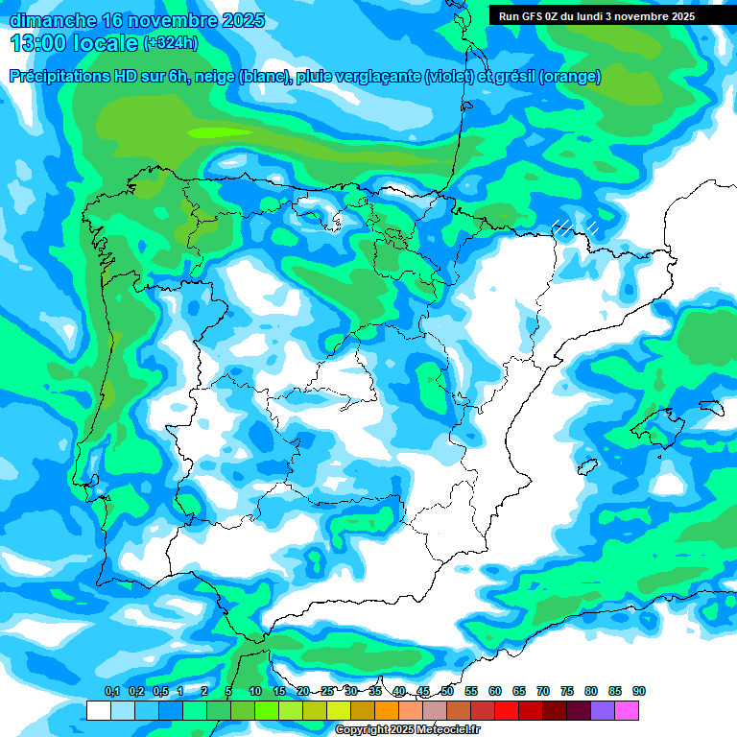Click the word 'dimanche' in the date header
click(52, 20)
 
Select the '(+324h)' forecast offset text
click(170, 43)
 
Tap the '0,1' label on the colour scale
click(112, 692)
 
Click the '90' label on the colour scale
click(639, 692)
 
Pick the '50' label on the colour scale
click(447, 692)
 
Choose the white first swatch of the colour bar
click(98, 710)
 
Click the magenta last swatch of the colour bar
click(627, 710)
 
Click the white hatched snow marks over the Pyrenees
click(573, 228)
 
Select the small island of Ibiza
click(583, 467)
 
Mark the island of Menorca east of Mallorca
click(711, 407)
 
